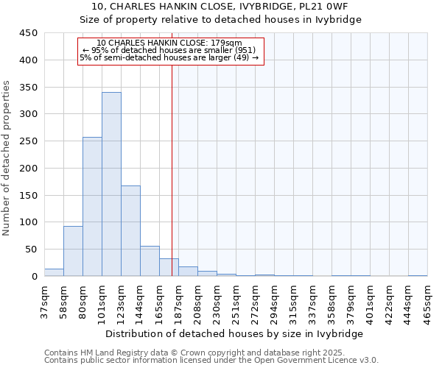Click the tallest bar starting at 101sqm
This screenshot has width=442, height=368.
(111, 184)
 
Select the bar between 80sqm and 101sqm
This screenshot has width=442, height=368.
(92, 207)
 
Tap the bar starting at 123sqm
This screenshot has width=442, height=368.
(130, 231)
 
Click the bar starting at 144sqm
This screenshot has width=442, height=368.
(150, 261)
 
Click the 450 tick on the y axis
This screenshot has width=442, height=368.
(28, 33)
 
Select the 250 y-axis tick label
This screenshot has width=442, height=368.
(28, 141)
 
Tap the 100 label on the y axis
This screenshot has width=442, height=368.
(28, 222)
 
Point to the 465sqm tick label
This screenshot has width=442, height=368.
(428, 302)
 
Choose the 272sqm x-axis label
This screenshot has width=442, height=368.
(256, 302)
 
